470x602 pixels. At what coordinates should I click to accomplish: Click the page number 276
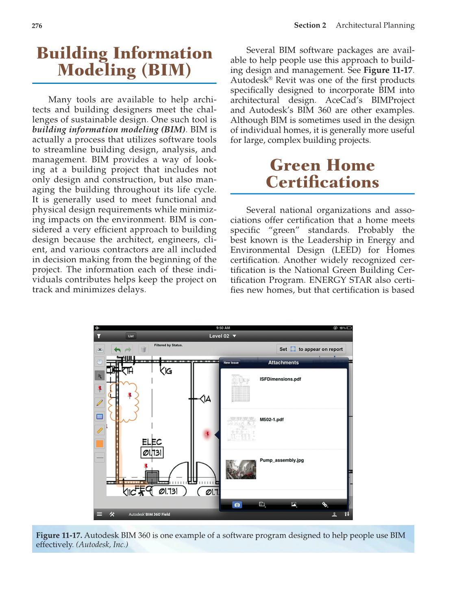pos(37,26)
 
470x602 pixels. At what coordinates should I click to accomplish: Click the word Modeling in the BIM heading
pos(96,70)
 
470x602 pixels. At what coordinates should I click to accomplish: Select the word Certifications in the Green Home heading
pos(322,182)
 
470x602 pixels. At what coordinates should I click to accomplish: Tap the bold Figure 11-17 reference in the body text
pos(388,70)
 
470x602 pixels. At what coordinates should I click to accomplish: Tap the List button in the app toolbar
pos(131,336)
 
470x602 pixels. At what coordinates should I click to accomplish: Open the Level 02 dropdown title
pos(222,336)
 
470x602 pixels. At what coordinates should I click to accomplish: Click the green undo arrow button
pos(117,350)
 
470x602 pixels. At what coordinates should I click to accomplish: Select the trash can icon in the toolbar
pos(143,350)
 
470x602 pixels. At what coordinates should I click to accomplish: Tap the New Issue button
pos(231,363)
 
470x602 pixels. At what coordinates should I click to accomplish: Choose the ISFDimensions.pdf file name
pos(280,379)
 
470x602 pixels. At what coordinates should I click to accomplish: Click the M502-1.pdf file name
pos(272,419)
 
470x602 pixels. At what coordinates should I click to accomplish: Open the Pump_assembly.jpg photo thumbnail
pos(241,469)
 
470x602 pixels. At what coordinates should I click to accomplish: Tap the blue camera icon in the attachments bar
pos(237,505)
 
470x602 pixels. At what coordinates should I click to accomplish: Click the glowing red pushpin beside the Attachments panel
pos(207,434)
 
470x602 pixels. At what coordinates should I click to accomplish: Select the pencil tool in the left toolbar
pos(100,403)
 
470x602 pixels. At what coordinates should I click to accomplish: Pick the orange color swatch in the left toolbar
pos(100,444)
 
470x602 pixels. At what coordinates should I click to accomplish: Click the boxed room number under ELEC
pos(152,453)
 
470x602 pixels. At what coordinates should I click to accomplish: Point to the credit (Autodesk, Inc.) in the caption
pos(102,545)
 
